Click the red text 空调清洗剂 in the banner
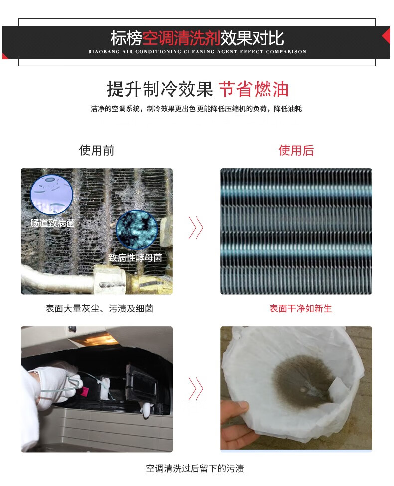click(x=182, y=38)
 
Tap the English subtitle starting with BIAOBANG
click(x=197, y=52)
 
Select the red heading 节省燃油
click(x=254, y=89)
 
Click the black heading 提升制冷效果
click(x=160, y=89)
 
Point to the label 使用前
click(x=97, y=150)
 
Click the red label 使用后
click(x=296, y=150)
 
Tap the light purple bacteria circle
click(x=52, y=194)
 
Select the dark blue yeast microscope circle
click(x=136, y=230)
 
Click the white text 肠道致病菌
click(x=52, y=223)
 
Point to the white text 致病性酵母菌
click(x=135, y=258)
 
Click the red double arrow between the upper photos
click(x=196, y=228)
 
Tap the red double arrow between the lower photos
click(x=196, y=389)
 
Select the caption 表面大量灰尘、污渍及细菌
click(x=99, y=308)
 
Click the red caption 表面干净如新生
click(x=301, y=308)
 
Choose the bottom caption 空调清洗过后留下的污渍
click(x=195, y=468)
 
